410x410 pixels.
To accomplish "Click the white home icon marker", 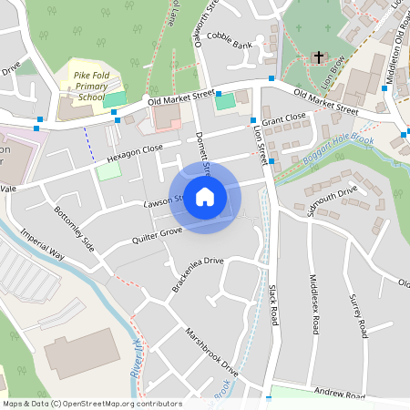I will (x=205, y=196).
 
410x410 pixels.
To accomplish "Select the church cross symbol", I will (x=319, y=57).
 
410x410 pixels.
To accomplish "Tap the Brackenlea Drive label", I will (x=197, y=274).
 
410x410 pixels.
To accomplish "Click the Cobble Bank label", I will (x=229, y=44).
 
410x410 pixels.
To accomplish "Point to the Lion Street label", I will (x=258, y=144).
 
